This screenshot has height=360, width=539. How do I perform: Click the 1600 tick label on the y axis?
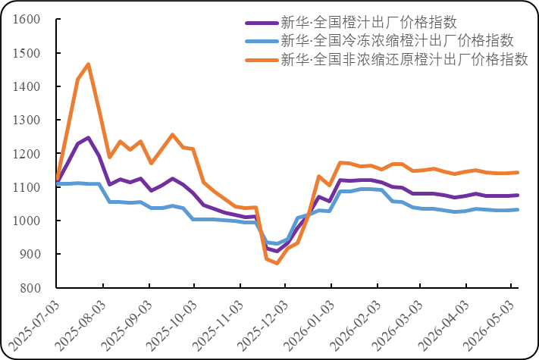click(x=27, y=19)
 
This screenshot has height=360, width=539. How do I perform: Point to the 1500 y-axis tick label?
click(x=27, y=53)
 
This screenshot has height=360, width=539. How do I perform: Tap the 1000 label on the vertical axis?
click(x=27, y=221)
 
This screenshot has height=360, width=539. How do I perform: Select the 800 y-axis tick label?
click(x=30, y=288)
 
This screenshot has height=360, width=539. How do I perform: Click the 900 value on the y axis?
click(x=30, y=254)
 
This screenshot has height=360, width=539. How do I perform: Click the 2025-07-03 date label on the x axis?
click(x=33, y=326)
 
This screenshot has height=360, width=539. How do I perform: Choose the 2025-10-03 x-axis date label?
click(x=171, y=326)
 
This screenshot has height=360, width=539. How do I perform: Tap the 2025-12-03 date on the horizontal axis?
click(x=263, y=326)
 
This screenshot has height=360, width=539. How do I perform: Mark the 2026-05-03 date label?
click(x=489, y=326)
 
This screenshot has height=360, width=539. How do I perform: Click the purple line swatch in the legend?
click(x=262, y=23)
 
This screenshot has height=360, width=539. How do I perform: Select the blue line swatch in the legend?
click(x=262, y=42)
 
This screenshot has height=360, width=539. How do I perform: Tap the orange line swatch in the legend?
click(x=262, y=61)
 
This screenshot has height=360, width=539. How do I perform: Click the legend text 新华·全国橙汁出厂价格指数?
click(x=369, y=23)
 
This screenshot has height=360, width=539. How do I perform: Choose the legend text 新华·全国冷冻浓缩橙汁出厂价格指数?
click(x=397, y=41)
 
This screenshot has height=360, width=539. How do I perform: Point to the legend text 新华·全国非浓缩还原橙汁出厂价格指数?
click(x=404, y=60)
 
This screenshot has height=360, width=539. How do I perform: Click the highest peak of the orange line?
click(x=89, y=64)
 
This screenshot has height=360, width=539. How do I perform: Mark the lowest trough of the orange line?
click(x=277, y=264)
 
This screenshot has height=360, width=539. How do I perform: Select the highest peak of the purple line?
click(x=89, y=138)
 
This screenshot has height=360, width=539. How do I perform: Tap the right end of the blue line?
click(x=518, y=209)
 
